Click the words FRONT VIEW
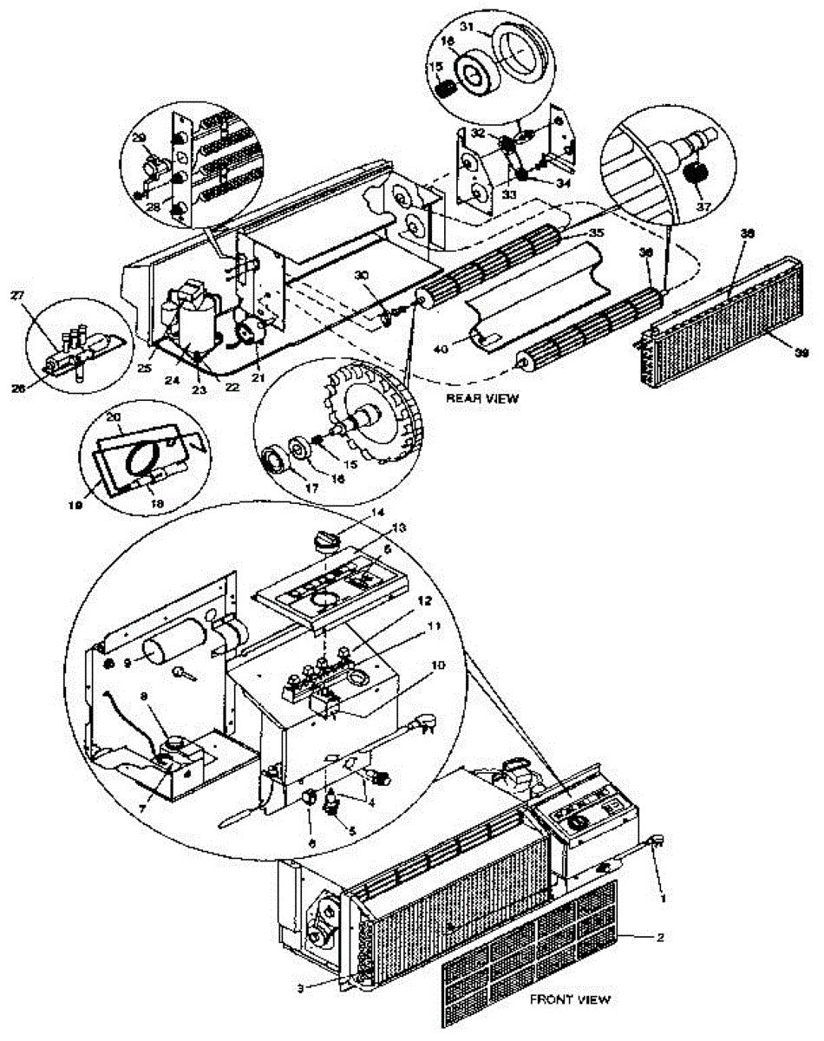(x=570, y=999)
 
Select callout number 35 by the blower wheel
(x=594, y=232)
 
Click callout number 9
(x=128, y=663)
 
